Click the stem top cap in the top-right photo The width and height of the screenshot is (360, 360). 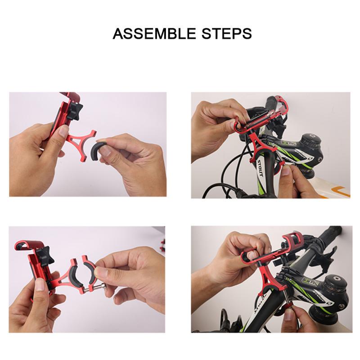tap(309, 137)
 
